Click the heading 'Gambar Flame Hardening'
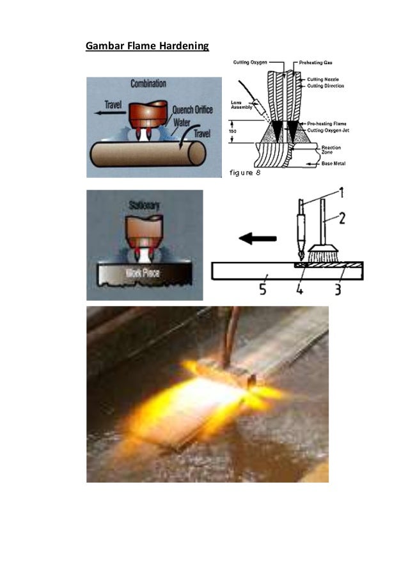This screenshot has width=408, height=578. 148,46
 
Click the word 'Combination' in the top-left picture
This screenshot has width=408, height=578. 148,84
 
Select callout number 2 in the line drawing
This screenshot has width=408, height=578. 342,218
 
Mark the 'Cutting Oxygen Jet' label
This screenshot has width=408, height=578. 328,131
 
